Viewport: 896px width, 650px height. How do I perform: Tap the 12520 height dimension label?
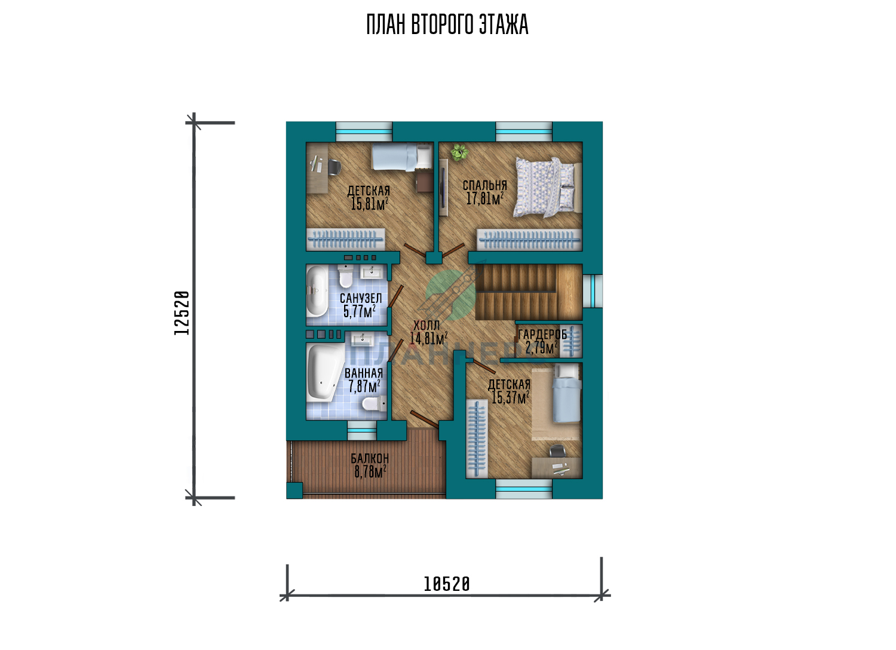point(182,313)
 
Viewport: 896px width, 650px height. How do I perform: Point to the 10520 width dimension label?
point(446,584)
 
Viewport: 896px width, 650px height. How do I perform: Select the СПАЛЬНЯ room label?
point(485,185)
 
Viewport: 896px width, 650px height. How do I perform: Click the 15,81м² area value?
point(369,204)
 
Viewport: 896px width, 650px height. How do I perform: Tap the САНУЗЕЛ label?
point(361,298)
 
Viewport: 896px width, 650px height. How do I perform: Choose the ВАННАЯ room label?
point(364,373)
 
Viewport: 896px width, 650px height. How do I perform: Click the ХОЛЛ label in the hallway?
point(426,325)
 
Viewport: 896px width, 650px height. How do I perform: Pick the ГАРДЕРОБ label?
point(542,335)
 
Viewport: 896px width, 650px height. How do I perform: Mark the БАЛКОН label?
point(370,458)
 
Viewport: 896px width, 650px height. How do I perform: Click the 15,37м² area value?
point(510,398)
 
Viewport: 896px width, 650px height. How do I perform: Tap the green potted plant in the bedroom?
point(459,152)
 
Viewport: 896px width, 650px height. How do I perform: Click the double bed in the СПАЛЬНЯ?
point(547,187)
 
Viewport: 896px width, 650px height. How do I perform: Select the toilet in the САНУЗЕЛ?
point(345,275)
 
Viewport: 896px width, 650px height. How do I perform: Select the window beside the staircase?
point(593,291)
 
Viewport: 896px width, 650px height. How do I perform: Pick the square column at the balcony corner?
point(294,490)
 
